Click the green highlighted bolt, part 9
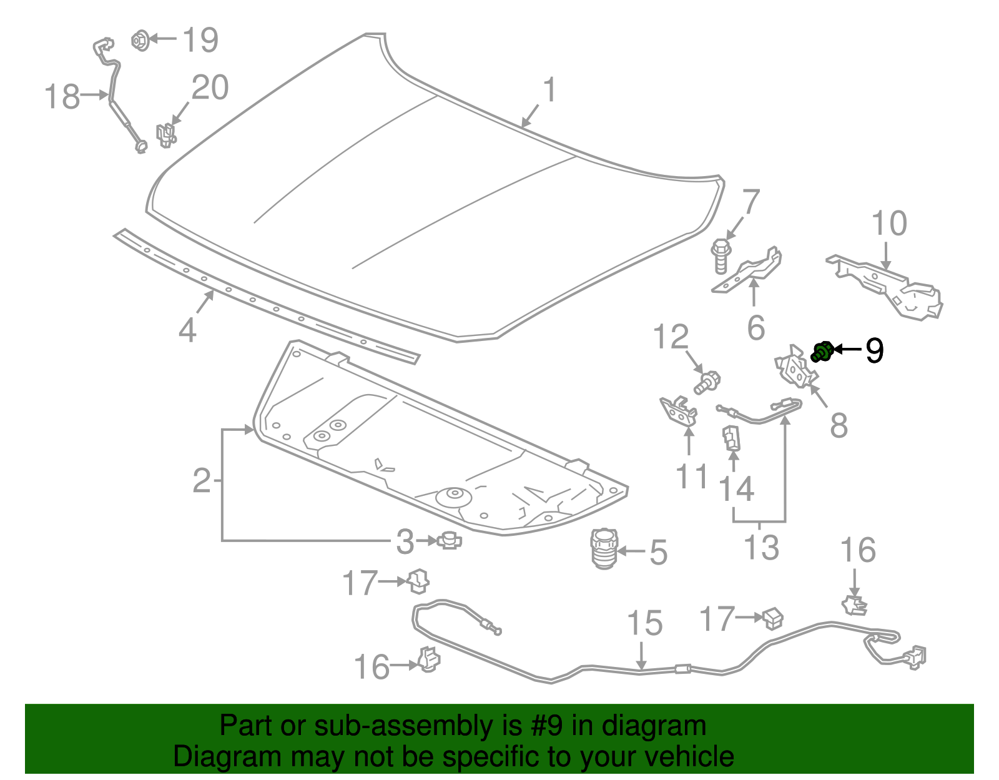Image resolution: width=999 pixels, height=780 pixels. pos(822,352)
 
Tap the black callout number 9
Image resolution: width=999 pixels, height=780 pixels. pos(874,351)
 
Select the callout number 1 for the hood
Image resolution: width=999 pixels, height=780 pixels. pos(549,91)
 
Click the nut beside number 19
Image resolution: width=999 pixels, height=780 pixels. pos(140,41)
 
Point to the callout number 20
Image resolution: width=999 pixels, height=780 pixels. pos(210,88)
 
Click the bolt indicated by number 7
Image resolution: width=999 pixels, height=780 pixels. pos(721,255)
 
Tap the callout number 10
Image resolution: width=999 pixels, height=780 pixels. pos(889,224)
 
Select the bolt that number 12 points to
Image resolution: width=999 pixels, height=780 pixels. pos(708,382)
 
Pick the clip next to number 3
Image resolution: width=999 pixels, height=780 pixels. pos(449,540)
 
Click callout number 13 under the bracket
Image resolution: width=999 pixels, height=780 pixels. pos(761,548)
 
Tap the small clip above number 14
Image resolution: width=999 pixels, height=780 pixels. pos(731,437)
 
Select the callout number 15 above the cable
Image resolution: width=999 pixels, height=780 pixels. pos(644,624)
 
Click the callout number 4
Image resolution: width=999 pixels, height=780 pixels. pos(187,329)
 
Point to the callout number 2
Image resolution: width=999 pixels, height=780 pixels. pos(202,481)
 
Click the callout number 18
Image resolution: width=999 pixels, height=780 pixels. pos(62,97)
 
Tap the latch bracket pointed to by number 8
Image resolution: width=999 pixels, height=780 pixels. pos(794,369)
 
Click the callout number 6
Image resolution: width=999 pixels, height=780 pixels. pos(755,328)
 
